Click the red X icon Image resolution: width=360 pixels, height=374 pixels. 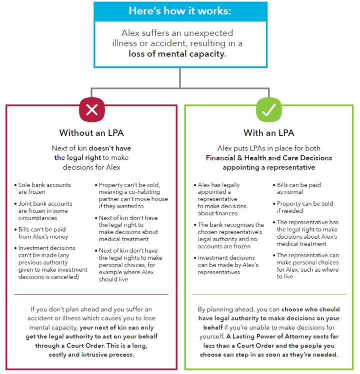pyautogui.click(x=92, y=110)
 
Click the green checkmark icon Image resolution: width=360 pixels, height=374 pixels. pyautogui.click(x=268, y=110)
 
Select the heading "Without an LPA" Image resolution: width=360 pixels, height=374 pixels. pyautogui.click(x=91, y=133)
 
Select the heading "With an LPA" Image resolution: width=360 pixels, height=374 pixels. pyautogui.click(x=268, y=133)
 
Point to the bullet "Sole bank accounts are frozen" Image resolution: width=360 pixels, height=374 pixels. pyautogui.click(x=42, y=188)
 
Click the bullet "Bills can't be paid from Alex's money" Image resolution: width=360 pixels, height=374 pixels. pyautogui.click(x=43, y=233)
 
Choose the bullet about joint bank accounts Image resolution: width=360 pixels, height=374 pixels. pyautogui.click(x=44, y=210)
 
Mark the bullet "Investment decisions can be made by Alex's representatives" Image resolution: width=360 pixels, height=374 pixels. pyautogui.click(x=228, y=265)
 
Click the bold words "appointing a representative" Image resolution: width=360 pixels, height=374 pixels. pyautogui.click(x=268, y=167)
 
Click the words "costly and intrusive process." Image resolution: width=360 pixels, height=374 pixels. pyautogui.click(x=91, y=354)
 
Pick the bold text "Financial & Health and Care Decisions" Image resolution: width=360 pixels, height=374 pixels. pyautogui.click(x=268, y=158)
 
